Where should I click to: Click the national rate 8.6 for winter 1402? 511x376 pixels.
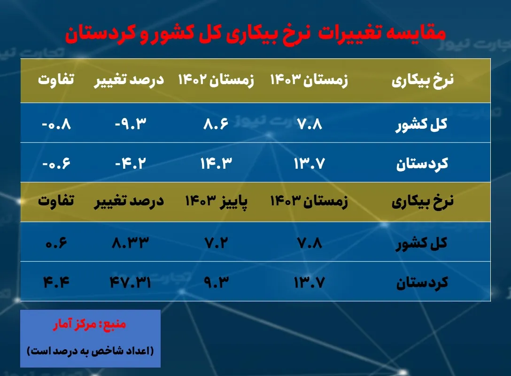(x=216, y=125)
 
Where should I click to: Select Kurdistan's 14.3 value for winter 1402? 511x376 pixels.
(x=216, y=164)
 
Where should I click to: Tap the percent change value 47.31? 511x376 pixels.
(x=129, y=282)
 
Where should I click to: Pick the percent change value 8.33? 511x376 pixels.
(x=129, y=243)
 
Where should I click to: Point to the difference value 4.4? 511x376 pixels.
(x=57, y=282)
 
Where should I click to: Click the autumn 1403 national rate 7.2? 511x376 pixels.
(x=216, y=243)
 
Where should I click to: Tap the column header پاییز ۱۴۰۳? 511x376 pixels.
(x=216, y=202)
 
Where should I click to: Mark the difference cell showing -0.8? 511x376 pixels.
(x=57, y=125)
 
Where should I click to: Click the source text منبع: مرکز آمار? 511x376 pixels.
(x=90, y=325)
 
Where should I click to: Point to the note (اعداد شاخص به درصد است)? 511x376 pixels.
(x=90, y=351)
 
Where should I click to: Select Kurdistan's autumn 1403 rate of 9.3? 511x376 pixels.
(x=216, y=282)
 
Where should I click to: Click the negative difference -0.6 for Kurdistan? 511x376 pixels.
(x=57, y=164)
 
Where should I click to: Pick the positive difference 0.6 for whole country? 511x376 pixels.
(x=57, y=243)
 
